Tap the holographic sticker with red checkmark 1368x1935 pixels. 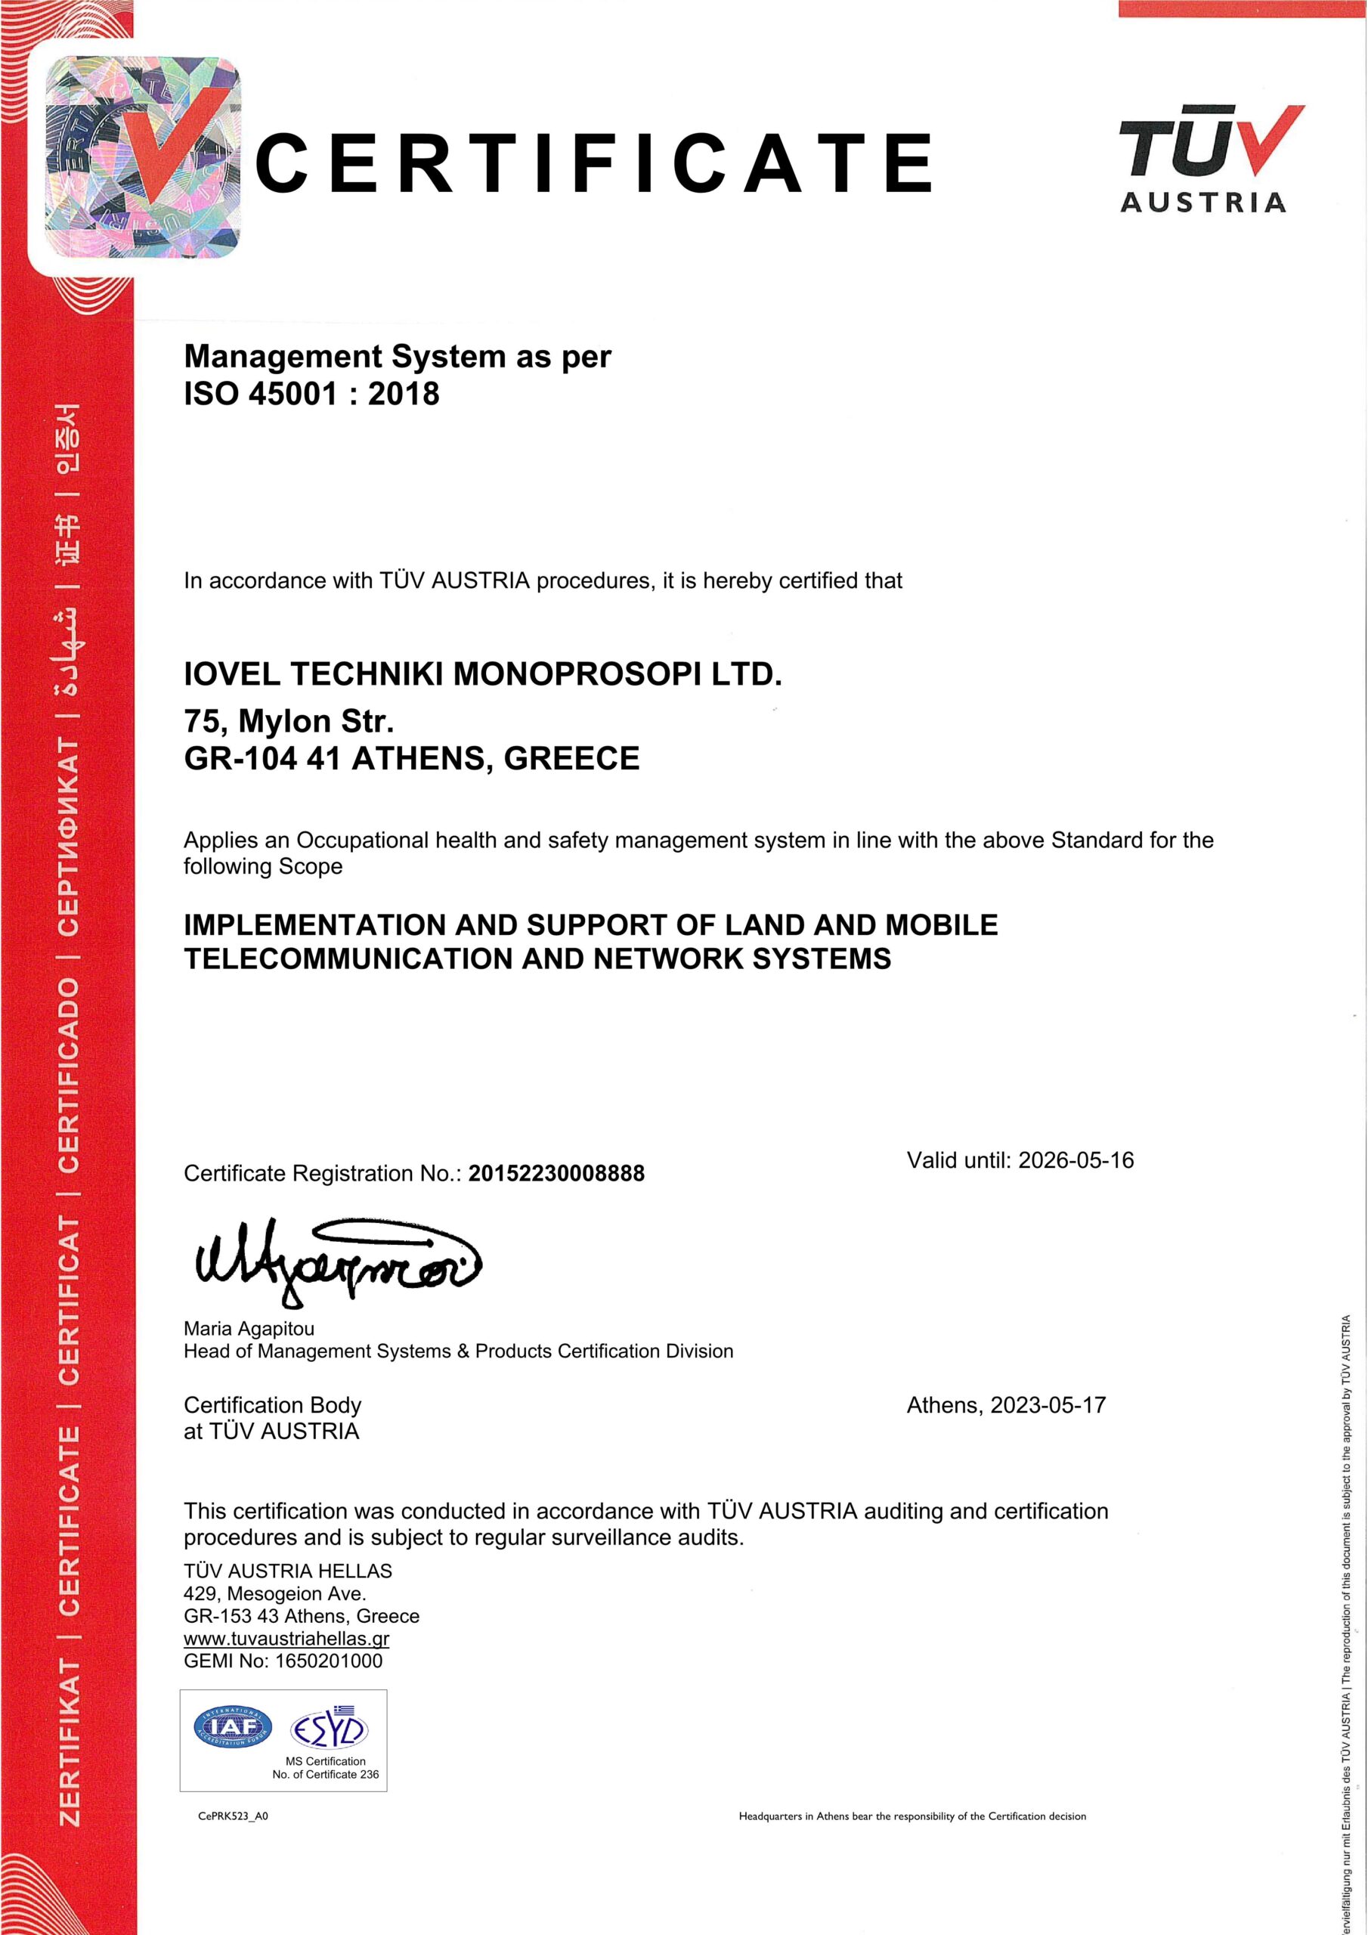click(x=141, y=159)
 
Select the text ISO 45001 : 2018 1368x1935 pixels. click(x=311, y=394)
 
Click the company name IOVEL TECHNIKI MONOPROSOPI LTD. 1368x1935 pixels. click(x=482, y=674)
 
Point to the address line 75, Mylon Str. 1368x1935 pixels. click(x=289, y=721)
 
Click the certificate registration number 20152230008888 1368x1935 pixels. click(x=556, y=1173)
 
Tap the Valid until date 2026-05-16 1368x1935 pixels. click(x=1076, y=1160)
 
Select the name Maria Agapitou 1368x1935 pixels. click(x=249, y=1328)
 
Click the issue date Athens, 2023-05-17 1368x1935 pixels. click(x=1005, y=1405)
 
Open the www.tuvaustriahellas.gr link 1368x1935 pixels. click(x=286, y=1639)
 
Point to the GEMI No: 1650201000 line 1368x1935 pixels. click(x=283, y=1661)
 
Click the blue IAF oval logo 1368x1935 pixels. click(x=234, y=1727)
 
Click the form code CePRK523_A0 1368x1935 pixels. click(x=233, y=1816)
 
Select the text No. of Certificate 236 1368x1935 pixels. click(x=325, y=1774)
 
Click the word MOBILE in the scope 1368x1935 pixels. click(x=941, y=925)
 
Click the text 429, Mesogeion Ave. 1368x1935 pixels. click(x=275, y=1593)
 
